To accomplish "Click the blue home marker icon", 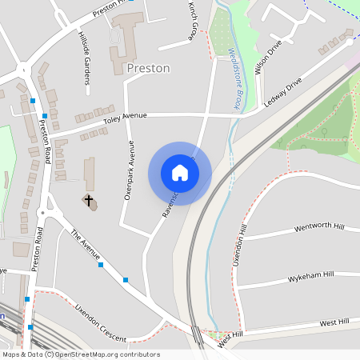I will point(180,173).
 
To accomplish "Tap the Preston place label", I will point(149,68).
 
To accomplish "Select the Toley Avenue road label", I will point(126,119).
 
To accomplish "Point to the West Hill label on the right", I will point(334,322).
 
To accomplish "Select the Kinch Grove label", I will point(193,21).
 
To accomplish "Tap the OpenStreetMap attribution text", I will point(81,354).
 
